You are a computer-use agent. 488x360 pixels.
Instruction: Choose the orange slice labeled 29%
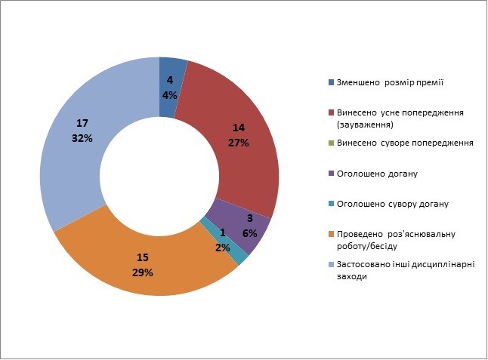coord(144,264)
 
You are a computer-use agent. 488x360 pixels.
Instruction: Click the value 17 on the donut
coord(82,124)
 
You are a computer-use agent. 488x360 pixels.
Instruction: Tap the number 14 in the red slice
coord(239,128)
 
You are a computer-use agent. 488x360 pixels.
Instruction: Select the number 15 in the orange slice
coord(143,257)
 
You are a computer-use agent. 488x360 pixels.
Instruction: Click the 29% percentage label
coord(143,272)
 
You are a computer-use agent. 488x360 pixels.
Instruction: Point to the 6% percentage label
coord(250,233)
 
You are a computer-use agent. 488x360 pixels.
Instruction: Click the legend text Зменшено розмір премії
coord(390,82)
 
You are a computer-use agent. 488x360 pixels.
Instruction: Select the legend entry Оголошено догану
coord(377,174)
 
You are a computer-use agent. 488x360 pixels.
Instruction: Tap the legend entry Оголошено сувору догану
coord(393,205)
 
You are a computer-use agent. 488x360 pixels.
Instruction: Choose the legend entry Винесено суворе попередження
coord(405,143)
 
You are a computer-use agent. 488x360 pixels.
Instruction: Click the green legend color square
coord(331,143)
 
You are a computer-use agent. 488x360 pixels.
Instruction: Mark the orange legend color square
coord(331,234)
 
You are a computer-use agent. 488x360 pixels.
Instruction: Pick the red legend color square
coord(331,112)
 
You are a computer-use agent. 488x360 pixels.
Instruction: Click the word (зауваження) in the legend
coord(365,125)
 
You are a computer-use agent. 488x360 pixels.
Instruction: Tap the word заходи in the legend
coord(352,276)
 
